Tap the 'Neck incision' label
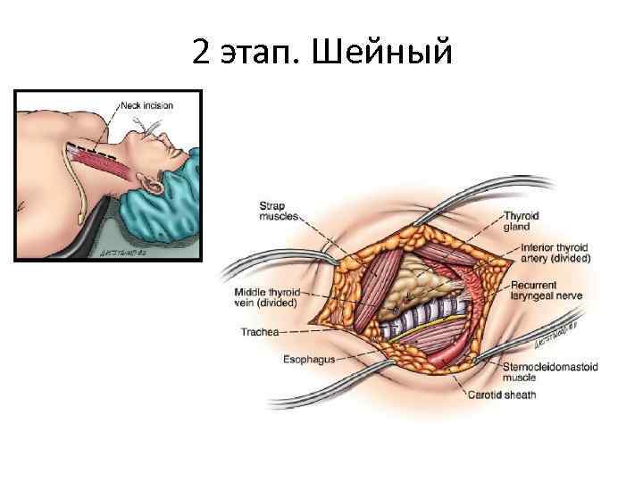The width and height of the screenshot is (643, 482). [x=147, y=105]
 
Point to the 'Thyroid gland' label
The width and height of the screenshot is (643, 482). [x=526, y=220]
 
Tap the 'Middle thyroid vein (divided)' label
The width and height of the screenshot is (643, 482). [x=264, y=297]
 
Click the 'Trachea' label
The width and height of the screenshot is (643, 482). [x=260, y=331]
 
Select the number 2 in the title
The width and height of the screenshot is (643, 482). [x=200, y=54]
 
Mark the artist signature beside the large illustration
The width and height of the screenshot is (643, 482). [x=552, y=337]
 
